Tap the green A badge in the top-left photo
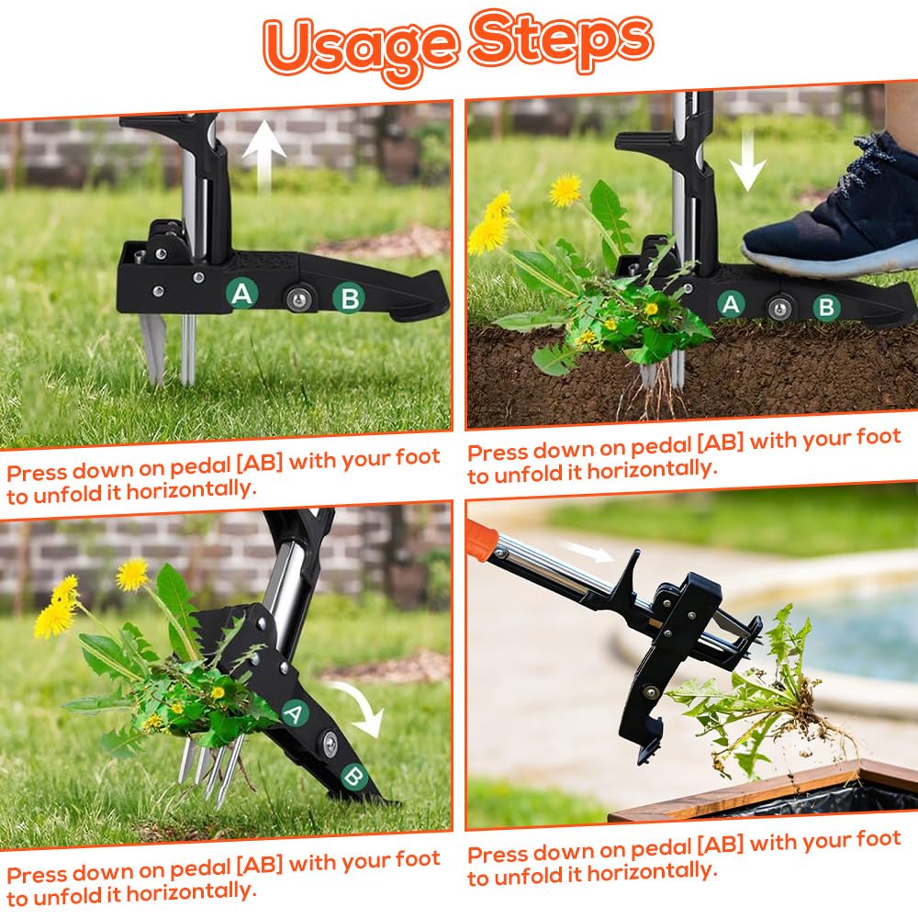[x=241, y=294]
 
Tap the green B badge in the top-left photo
[x=349, y=298]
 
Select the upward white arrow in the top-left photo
[x=264, y=155]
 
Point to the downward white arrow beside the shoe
[x=746, y=159]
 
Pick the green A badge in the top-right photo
[x=730, y=305]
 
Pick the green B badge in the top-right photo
[x=826, y=307]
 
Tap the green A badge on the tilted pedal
[x=295, y=713]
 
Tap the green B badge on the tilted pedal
[x=354, y=777]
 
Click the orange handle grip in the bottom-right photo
[x=481, y=540]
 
